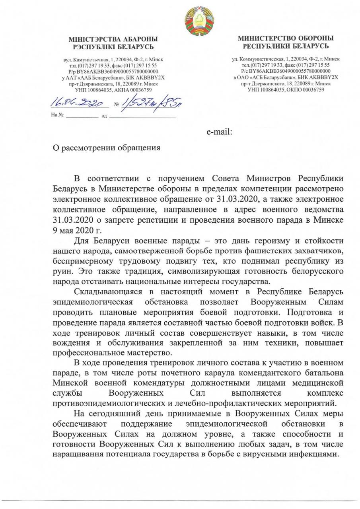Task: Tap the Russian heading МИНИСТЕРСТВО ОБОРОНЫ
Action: coord(286,38)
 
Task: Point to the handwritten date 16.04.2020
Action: coord(80,104)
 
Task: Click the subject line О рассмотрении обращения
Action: coord(107,148)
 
